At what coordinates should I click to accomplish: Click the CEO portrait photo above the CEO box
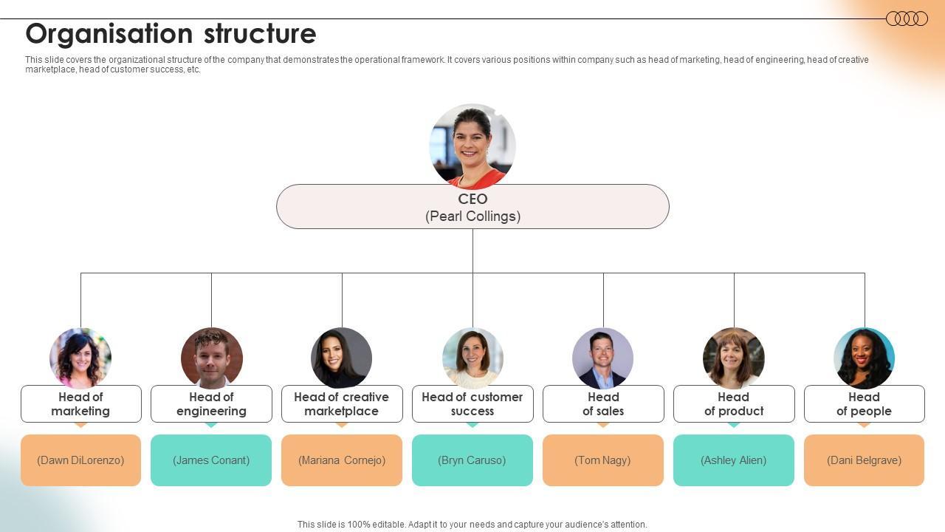coord(472,146)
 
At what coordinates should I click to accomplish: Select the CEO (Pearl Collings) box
coord(472,207)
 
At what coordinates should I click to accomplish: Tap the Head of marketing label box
coord(80,403)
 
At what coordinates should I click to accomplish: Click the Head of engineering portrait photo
coord(211,358)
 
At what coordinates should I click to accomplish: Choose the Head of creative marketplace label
coord(342,403)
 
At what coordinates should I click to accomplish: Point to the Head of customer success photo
coord(472,358)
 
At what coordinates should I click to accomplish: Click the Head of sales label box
coord(603,403)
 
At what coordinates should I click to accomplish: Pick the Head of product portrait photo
coord(734,358)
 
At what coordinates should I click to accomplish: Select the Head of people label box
coord(864,403)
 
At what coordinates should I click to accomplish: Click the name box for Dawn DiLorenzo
coord(80,460)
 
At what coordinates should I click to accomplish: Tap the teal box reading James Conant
coord(211,460)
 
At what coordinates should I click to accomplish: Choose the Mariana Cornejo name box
coord(342,460)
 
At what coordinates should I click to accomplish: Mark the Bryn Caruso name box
coord(472,460)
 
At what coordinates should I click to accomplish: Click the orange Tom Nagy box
coord(603,460)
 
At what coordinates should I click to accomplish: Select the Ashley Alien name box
coord(734,460)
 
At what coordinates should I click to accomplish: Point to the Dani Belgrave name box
coord(864,460)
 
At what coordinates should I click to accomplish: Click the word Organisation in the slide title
coord(109,34)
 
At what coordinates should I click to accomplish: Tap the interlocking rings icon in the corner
coord(907,18)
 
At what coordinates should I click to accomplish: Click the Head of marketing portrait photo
coord(80,358)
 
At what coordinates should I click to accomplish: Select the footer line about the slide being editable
coord(472,525)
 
